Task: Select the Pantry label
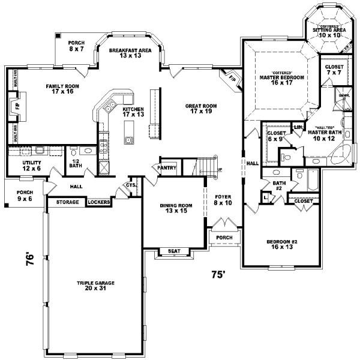coord(167,168)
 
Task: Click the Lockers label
coord(98,202)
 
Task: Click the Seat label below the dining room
coord(172,251)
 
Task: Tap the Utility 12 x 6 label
coord(31,165)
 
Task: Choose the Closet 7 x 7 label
coord(335,70)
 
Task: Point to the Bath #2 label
coord(279,186)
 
